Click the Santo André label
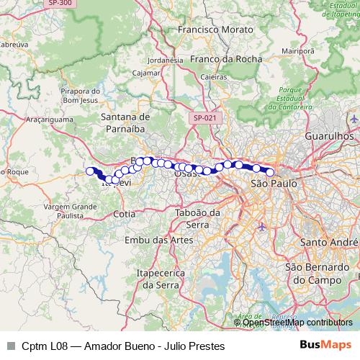tap(330, 242)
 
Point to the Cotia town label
tap(124, 214)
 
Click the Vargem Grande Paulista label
tap(70, 210)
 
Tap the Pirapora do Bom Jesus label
tap(80, 96)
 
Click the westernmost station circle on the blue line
tap(91, 171)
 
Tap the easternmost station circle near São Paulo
tap(270, 172)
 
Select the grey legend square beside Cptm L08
tap(10, 346)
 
